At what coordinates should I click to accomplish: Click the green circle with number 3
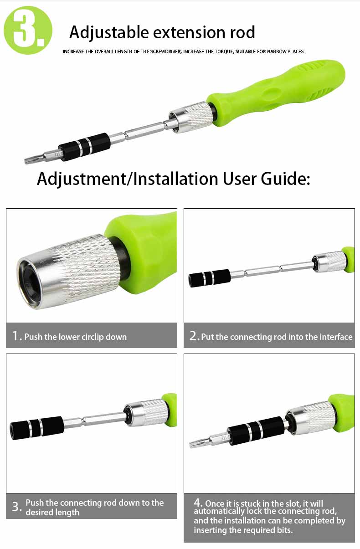pos(28,30)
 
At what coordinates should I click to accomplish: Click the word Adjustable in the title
pos(109,33)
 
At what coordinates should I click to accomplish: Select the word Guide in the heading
pos(283,179)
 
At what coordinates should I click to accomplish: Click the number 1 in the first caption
pos(16,336)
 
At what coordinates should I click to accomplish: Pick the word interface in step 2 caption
pos(335,337)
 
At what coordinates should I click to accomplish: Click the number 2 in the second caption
pos(194,336)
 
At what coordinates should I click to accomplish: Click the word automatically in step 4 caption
pos(219,511)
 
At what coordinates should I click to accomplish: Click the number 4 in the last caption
pos(198,503)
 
